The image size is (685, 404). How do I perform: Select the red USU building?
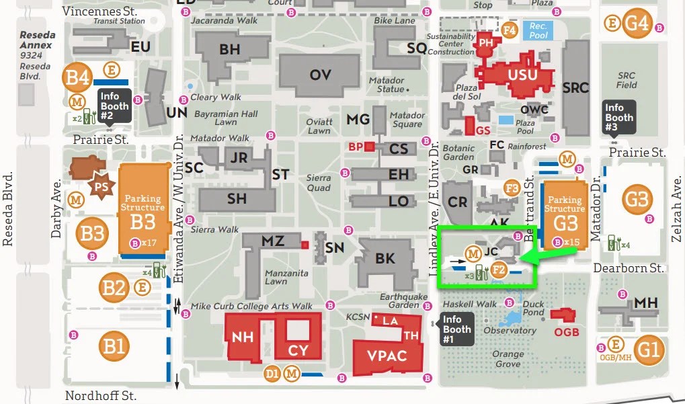(522, 75)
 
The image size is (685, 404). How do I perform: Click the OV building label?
(320, 75)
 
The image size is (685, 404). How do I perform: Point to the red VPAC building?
(388, 354)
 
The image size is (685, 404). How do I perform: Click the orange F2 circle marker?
(498, 270)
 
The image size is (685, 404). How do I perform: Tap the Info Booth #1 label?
(456, 329)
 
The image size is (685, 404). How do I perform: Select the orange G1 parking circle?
(649, 350)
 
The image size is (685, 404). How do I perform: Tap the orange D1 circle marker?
(272, 373)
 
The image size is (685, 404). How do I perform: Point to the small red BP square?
(369, 147)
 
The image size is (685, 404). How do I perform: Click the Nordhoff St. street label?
(101, 396)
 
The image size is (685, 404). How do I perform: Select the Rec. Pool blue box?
(538, 31)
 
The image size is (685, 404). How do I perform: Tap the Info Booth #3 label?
(618, 118)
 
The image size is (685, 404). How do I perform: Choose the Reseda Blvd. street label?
(8, 208)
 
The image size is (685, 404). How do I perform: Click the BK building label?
(385, 258)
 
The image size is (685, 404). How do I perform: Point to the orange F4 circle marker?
(510, 30)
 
